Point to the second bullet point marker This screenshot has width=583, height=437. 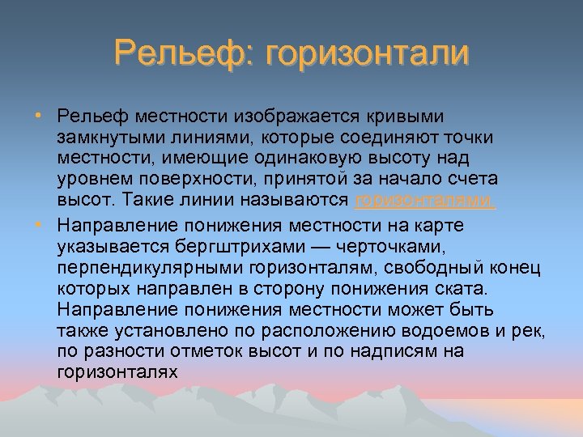pos(39,223)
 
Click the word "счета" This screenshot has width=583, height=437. pos(474,180)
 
